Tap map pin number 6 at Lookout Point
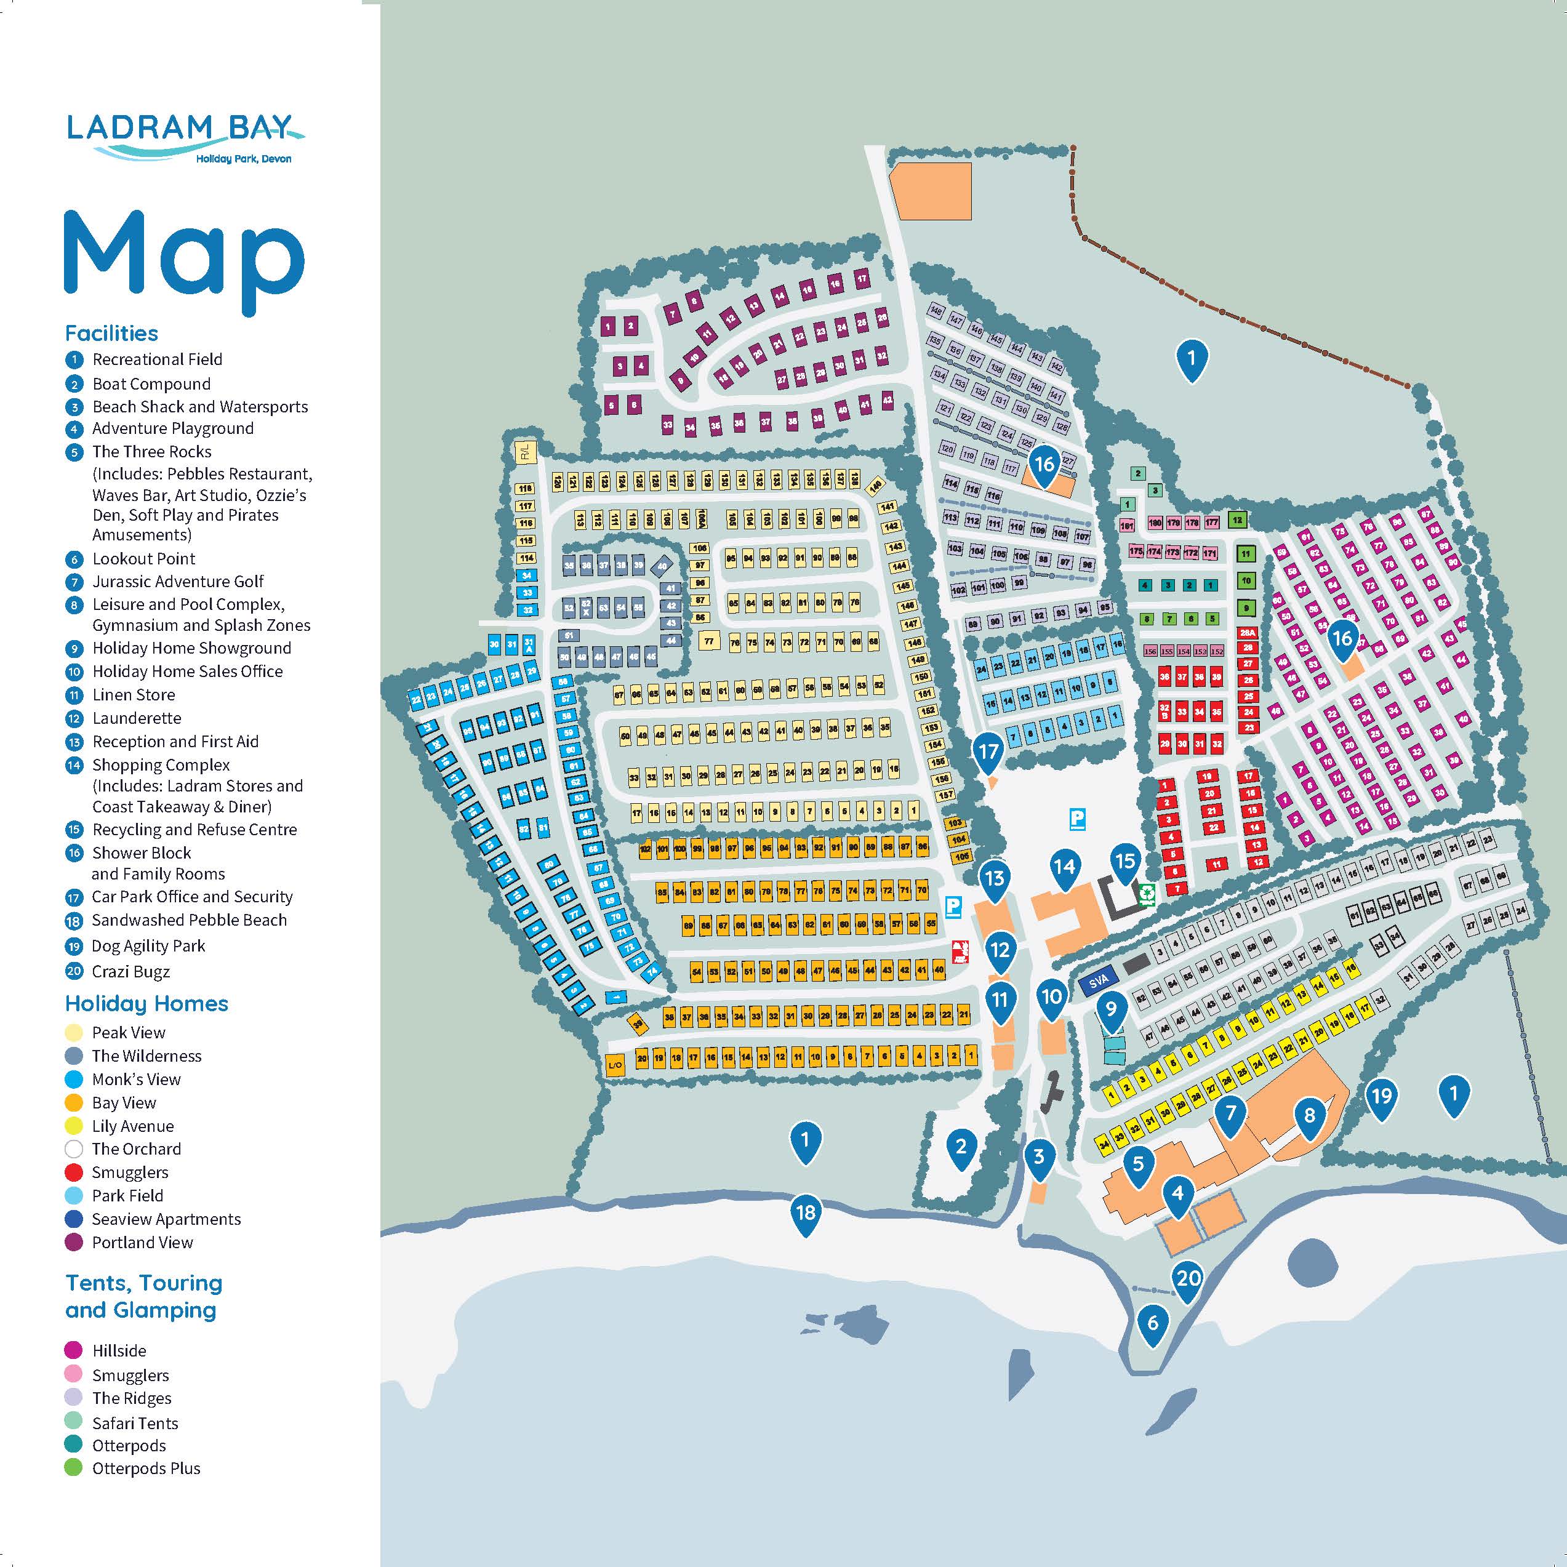[x=1153, y=1323]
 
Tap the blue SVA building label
[x=1098, y=982]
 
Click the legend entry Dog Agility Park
[x=148, y=946]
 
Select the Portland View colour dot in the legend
[x=74, y=1243]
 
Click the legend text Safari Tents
[x=135, y=1422]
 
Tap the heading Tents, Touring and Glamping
[x=143, y=1296]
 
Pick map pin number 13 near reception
[x=995, y=878]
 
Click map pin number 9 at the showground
[x=1111, y=1009]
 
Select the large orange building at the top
[x=931, y=191]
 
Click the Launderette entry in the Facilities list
[x=136, y=718]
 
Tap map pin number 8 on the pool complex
[x=1309, y=1115]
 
